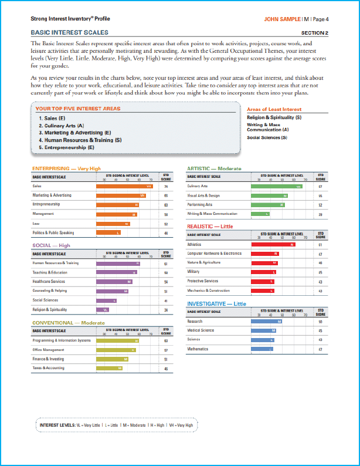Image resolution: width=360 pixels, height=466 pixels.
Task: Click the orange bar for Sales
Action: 125,186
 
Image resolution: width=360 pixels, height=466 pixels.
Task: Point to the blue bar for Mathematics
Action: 261,349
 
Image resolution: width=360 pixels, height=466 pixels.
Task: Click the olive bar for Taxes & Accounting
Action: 110,368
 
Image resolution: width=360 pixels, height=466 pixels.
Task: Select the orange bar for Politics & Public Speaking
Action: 109,233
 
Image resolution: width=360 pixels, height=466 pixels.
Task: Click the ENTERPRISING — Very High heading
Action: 66,168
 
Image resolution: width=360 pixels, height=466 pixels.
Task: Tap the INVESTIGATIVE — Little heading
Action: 216,303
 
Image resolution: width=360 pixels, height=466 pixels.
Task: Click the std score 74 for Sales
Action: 166,186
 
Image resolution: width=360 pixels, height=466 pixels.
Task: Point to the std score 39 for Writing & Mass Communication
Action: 321,214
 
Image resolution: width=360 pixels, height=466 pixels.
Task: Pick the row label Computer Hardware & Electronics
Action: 214,254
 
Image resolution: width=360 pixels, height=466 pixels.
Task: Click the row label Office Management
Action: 49,350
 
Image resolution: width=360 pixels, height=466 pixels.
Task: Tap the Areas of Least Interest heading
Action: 274,109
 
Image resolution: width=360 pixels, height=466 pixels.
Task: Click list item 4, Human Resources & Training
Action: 80,140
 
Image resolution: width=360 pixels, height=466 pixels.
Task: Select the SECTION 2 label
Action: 314,33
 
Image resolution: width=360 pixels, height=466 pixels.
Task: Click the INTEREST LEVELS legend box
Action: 117,424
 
